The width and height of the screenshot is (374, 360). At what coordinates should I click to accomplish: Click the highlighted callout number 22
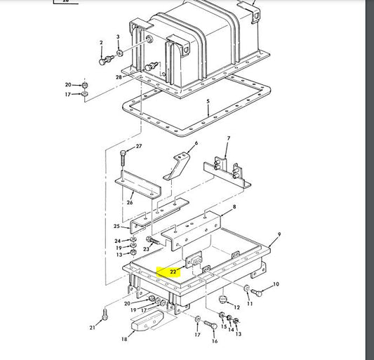pyautogui.click(x=173, y=272)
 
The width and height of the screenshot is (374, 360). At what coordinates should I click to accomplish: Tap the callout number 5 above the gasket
pyautogui.click(x=208, y=101)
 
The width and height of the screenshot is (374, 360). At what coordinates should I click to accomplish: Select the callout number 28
pyautogui.click(x=119, y=77)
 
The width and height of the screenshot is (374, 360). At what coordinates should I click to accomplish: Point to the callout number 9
pyautogui.click(x=279, y=234)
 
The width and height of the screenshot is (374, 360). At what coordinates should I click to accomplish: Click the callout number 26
pyautogui.click(x=130, y=203)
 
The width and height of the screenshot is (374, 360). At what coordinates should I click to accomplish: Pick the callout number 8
pyautogui.click(x=234, y=206)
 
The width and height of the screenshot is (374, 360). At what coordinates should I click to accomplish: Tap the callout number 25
pyautogui.click(x=116, y=226)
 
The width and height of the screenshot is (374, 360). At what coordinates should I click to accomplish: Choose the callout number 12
pyautogui.click(x=236, y=307)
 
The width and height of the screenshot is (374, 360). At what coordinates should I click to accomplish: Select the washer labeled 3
pyautogui.click(x=120, y=53)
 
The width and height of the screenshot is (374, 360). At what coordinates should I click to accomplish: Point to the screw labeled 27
pyautogui.click(x=123, y=158)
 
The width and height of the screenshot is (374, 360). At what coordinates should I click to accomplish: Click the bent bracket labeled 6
pyautogui.click(x=177, y=166)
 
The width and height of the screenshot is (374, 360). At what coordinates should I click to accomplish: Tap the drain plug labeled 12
pyautogui.click(x=222, y=299)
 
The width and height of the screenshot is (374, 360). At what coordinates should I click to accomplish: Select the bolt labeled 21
pyautogui.click(x=105, y=314)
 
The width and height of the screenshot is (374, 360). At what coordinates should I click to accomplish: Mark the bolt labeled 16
pyautogui.click(x=211, y=325)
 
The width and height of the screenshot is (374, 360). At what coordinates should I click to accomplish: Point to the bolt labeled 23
pyautogui.click(x=153, y=240)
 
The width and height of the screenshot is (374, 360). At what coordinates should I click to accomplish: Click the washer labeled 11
pyautogui.click(x=246, y=288)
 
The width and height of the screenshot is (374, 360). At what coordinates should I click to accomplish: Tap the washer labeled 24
pyautogui.click(x=133, y=239)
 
